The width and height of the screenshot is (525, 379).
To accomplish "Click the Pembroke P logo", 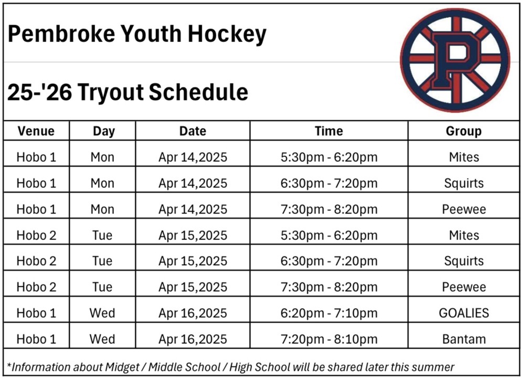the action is (x=455, y=60).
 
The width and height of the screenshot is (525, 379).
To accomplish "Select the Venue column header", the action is (x=36, y=131).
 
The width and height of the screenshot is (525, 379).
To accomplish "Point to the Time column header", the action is (x=329, y=131).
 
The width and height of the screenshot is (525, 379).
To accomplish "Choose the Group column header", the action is (x=464, y=131).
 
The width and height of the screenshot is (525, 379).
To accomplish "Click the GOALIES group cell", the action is (x=464, y=313).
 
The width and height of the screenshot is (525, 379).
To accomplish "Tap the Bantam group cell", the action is (x=464, y=339).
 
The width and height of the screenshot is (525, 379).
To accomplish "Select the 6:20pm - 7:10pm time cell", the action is (x=329, y=313).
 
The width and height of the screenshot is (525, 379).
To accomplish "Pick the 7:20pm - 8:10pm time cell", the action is (x=329, y=340).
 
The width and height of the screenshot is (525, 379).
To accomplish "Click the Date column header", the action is (x=193, y=131).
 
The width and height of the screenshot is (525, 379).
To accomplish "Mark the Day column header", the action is (x=104, y=131).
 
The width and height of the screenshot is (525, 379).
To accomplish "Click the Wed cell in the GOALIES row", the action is (x=102, y=313).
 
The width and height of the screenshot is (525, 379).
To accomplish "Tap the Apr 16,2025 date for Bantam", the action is (x=193, y=340).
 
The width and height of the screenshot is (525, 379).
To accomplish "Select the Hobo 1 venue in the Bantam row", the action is (x=36, y=339).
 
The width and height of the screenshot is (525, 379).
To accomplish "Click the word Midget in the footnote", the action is (x=122, y=367).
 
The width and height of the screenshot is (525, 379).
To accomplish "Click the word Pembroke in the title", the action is (x=61, y=34).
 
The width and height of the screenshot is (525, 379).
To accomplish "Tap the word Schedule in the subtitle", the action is (x=198, y=92).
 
